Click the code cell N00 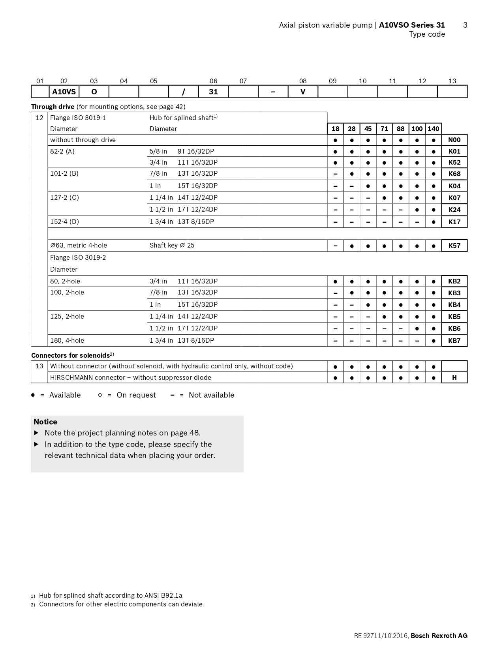coord(454,140)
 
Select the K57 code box coord(454,246)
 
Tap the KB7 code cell coord(454,341)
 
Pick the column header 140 coord(433,129)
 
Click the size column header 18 coord(335,129)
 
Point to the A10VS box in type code coord(64,92)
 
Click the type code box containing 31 coord(213,92)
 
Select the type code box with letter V coord(303,92)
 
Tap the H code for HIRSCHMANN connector coord(454,377)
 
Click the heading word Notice coord(45,422)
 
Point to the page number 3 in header coord(465,25)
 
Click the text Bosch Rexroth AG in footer coord(439,636)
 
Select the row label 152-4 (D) coord(64,221)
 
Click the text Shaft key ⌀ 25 coord(172,245)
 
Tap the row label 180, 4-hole coord(67,340)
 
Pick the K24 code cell coord(454,210)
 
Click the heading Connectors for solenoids coord(70,355)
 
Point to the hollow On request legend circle coord(100,395)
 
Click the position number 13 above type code coord(452,81)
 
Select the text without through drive coord(83,140)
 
